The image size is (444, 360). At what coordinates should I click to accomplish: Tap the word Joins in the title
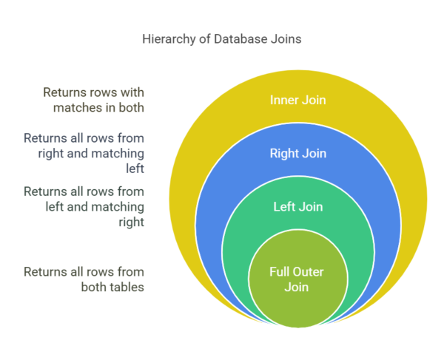click(286, 38)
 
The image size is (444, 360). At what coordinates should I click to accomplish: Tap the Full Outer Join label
click(296, 279)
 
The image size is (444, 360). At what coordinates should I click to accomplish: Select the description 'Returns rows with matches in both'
click(93, 101)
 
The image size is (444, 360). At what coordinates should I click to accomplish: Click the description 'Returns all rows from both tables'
click(84, 279)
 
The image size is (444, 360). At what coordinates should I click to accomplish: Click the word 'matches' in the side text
click(74, 108)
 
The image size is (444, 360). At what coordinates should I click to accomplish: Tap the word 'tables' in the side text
click(127, 286)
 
